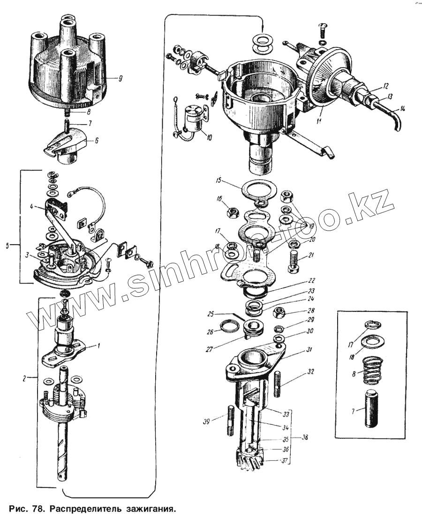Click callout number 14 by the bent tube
tap(403, 109)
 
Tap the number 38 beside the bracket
tap(305, 437)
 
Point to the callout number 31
tap(309, 350)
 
